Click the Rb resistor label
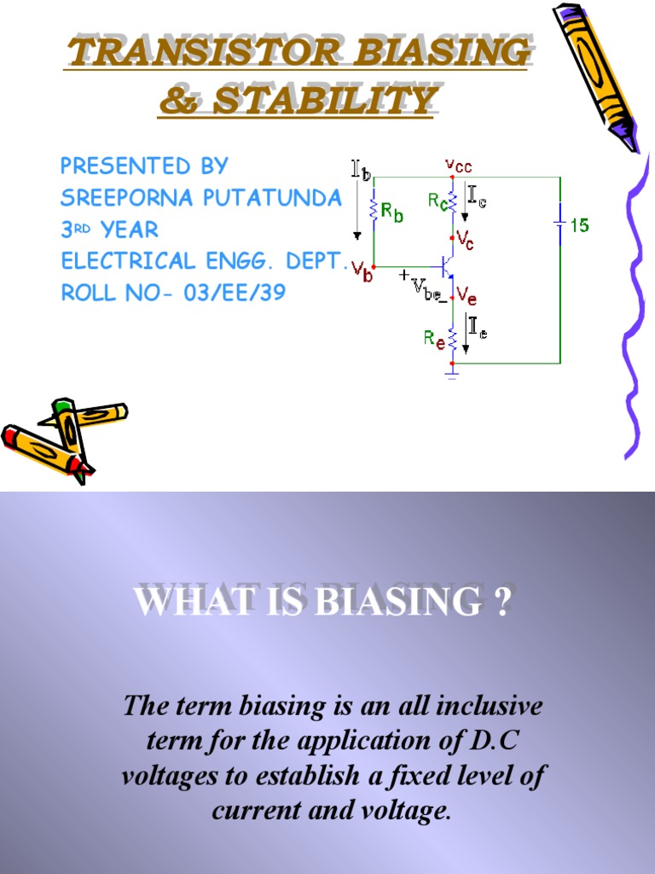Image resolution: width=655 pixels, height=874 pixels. pyautogui.click(x=393, y=213)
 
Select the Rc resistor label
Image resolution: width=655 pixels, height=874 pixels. pyautogui.click(x=437, y=201)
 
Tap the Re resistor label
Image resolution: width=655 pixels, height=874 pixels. pyautogui.click(x=434, y=338)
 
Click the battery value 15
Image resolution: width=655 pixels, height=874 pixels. pyautogui.click(x=580, y=226)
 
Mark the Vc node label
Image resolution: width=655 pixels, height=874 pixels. pyautogui.click(x=465, y=240)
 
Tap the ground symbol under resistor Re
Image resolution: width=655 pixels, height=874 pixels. pyautogui.click(x=452, y=372)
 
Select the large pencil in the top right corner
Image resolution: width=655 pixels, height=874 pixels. pyautogui.click(x=594, y=74)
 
